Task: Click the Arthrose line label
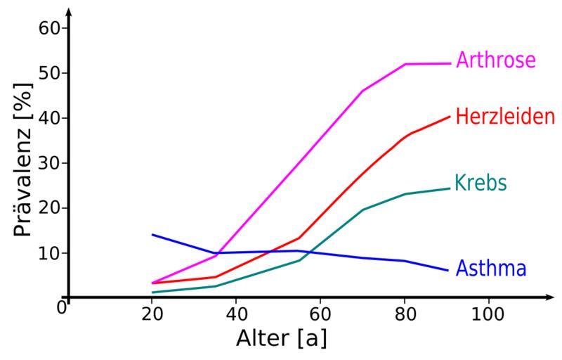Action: click(x=495, y=60)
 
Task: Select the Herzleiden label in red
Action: click(x=505, y=116)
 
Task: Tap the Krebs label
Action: click(x=481, y=184)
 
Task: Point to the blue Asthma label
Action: click(x=491, y=268)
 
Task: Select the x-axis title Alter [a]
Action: click(x=280, y=338)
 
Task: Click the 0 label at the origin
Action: click(x=62, y=307)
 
